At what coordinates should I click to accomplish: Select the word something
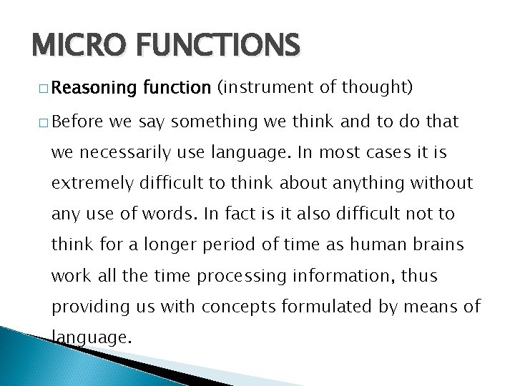pyautogui.click(x=212, y=122)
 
